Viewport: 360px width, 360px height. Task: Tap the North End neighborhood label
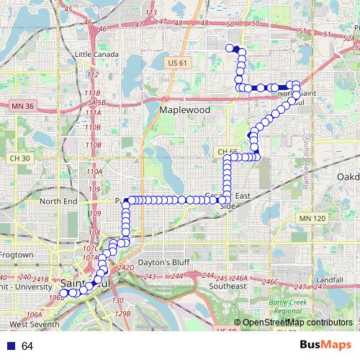coord(58,202)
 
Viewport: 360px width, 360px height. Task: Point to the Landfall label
coord(329,279)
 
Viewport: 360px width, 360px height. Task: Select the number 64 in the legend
coord(27,346)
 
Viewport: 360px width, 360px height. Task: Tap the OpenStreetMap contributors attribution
coord(297,323)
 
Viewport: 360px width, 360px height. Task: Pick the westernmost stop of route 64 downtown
coord(63,293)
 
